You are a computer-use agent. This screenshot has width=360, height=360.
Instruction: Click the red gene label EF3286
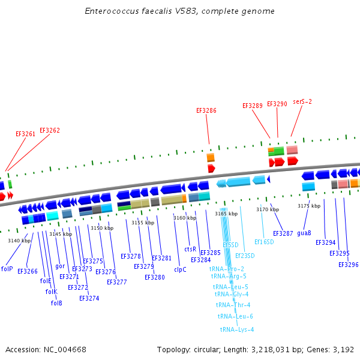[x=206, y=110]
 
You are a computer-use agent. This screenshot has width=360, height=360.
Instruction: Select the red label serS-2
[x=302, y=102]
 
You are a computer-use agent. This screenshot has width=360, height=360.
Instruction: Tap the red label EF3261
[x=25, y=134]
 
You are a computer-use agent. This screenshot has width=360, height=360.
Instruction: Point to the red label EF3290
[x=277, y=104]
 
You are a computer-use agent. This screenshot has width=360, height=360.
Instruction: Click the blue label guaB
[x=304, y=233]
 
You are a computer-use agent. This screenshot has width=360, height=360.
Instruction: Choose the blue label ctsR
[x=190, y=249]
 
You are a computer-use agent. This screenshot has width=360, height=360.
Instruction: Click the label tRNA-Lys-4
[x=237, y=329]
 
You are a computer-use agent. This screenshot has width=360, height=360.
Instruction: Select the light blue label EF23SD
[x=245, y=256]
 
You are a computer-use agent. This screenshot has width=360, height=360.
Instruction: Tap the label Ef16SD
[x=264, y=242]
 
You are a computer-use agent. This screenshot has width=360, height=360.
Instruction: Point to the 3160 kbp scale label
[x=184, y=218]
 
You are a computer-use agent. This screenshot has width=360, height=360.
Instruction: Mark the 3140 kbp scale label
[x=19, y=241]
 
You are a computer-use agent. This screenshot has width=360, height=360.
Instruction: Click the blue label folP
[x=7, y=269]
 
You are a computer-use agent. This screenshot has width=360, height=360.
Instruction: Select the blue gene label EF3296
[x=349, y=265]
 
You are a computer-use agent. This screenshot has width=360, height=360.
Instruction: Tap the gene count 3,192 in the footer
[x=344, y=349]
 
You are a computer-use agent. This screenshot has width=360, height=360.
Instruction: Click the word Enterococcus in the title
[x=109, y=11]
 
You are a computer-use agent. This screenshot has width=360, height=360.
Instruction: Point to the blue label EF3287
[x=283, y=233]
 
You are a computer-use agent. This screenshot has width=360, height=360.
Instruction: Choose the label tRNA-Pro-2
[x=227, y=269]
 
